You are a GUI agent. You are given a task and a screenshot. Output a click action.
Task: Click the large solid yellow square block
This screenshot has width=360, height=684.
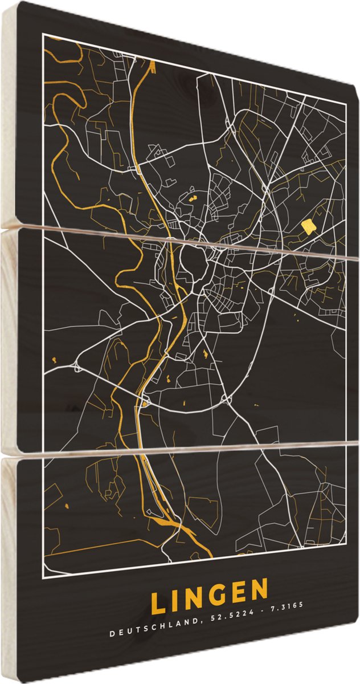pos(308,227)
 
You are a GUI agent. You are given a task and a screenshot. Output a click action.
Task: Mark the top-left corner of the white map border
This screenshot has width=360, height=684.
pos(43,34)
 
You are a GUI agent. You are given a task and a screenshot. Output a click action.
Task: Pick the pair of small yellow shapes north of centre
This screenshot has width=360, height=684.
pos(191,199)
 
